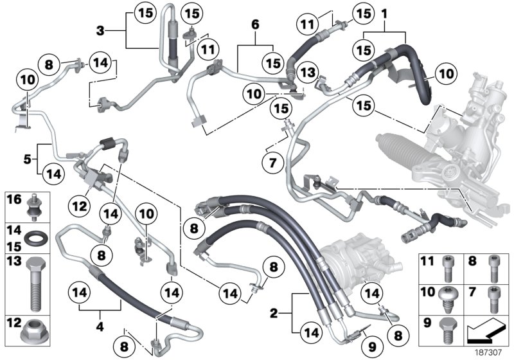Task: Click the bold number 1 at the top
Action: tap(384, 12)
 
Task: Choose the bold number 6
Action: tap(255, 24)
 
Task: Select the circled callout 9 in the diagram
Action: tap(368, 348)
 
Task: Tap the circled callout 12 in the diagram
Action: tap(79, 206)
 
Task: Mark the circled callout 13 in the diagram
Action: tap(307, 72)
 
